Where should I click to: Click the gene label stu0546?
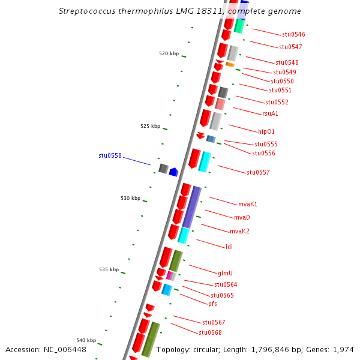(294, 35)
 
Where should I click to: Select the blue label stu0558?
(110, 155)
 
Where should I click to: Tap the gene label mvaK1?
(247, 204)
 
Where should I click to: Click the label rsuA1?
(270, 113)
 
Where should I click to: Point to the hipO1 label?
(266, 131)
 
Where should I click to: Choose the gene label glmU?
(226, 272)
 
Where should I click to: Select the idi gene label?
(229, 247)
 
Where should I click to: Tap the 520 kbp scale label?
(169, 54)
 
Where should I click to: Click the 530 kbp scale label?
(130, 198)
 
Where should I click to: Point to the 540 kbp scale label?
(86, 340)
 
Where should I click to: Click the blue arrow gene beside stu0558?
(173, 172)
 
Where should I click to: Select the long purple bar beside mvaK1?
(192, 206)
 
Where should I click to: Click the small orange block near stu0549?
(230, 64)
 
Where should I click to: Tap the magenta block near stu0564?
(170, 275)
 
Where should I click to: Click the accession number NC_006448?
(64, 349)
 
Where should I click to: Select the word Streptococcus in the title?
(83, 11)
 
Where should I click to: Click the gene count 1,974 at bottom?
(343, 349)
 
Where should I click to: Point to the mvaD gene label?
(242, 217)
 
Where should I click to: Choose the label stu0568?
(210, 332)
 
